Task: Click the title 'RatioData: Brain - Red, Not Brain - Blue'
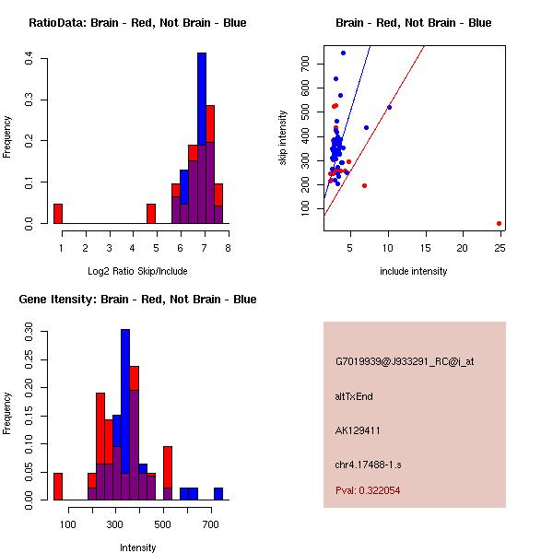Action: (x=137, y=23)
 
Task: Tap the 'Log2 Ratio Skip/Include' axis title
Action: (x=136, y=271)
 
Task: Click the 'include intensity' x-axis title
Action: (x=413, y=271)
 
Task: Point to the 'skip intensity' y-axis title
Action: (x=283, y=138)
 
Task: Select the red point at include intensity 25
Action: (x=499, y=223)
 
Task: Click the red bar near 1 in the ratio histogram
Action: (x=57, y=214)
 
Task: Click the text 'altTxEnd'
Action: (x=354, y=396)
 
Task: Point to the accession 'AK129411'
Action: (x=359, y=429)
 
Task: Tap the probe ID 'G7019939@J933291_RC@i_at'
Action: (x=405, y=362)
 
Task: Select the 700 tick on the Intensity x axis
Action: (x=211, y=525)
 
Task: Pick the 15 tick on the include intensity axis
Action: (x=425, y=248)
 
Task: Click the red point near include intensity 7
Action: (x=365, y=185)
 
